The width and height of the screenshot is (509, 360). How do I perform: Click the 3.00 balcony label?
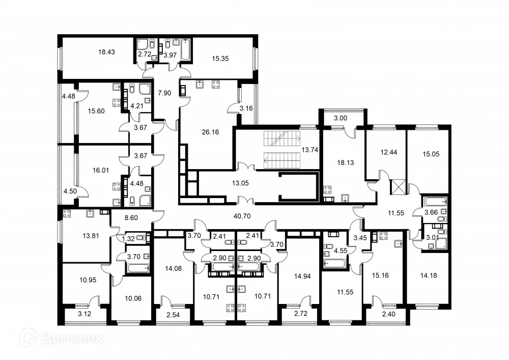[341, 118]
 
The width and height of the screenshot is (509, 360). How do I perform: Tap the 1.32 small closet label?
[127, 238]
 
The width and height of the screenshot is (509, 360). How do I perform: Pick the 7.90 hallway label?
[164, 93]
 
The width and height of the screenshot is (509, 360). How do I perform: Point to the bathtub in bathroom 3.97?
[184, 49]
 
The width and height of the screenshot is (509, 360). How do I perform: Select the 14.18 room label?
[429, 276]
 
